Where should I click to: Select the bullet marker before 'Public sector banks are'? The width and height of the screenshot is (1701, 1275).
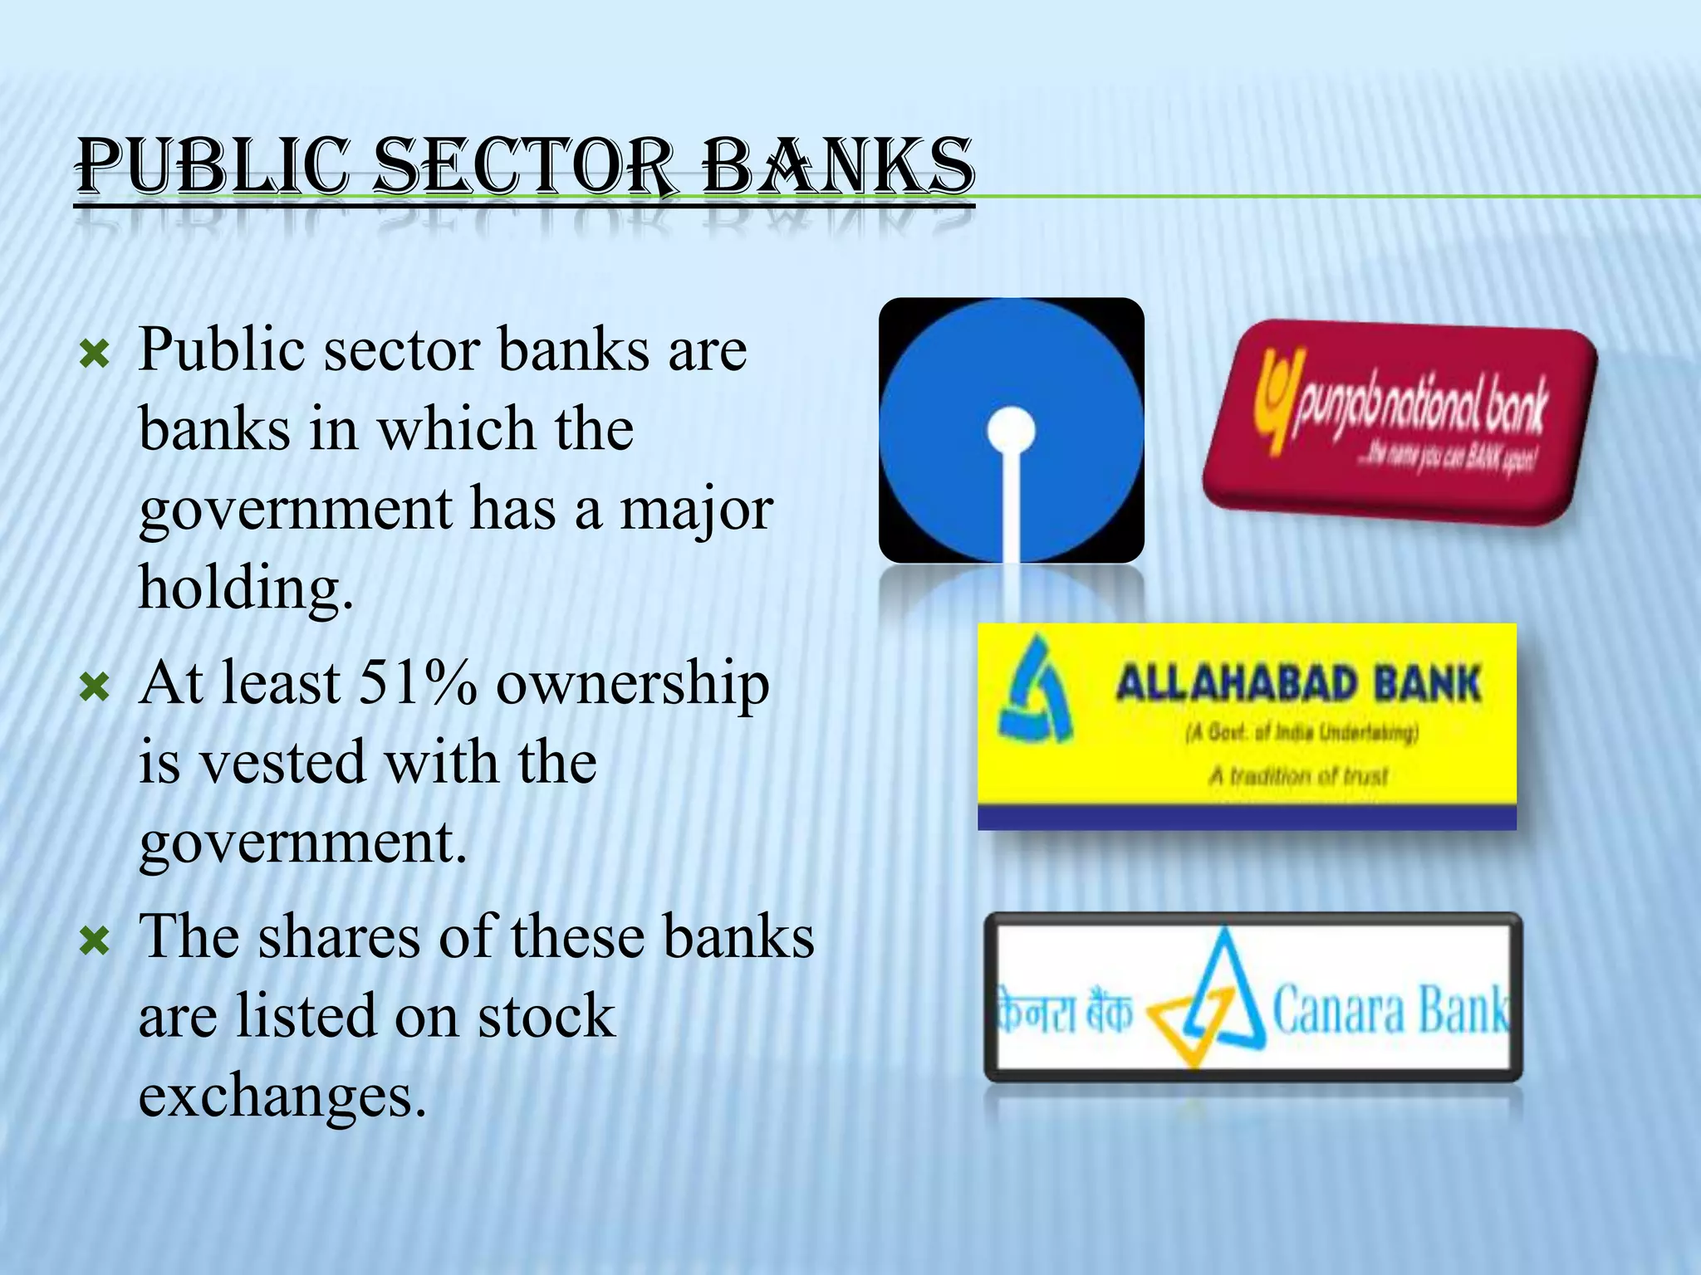coord(94,356)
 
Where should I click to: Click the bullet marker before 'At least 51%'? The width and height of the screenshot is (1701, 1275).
coord(94,687)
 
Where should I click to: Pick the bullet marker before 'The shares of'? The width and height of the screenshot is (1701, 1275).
coord(94,941)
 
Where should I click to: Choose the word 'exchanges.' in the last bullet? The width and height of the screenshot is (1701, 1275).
coord(282,1096)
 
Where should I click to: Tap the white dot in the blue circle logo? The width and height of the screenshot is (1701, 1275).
coord(1011,431)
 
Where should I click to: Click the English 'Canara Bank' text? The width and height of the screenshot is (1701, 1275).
coord(1389,1009)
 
